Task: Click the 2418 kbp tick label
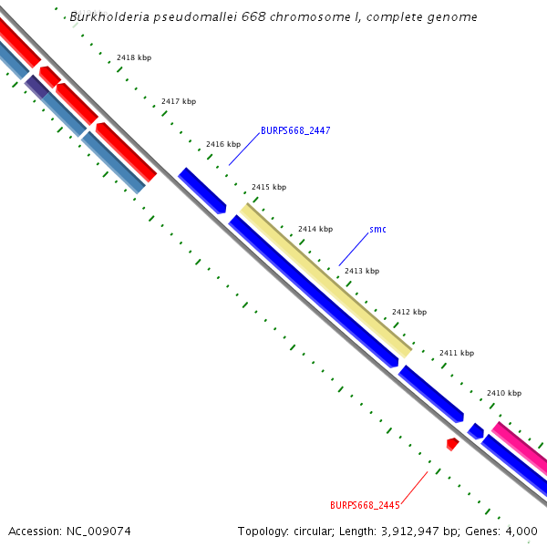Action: pyautogui.click(x=134, y=57)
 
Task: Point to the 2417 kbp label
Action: pyautogui.click(x=179, y=101)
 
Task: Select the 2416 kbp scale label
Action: pyautogui.click(x=223, y=144)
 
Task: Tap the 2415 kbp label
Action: pyautogui.click(x=269, y=187)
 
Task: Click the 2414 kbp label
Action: pyautogui.click(x=315, y=229)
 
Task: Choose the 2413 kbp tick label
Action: pyautogui.click(x=362, y=271)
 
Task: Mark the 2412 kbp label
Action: pyautogui.click(x=409, y=312)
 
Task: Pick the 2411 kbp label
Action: pyautogui.click(x=457, y=353)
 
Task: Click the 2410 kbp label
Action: pyautogui.click(x=504, y=393)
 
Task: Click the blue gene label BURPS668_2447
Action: pyautogui.click(x=295, y=130)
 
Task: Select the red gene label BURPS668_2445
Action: pyautogui.click(x=365, y=505)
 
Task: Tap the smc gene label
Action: pyautogui.click(x=377, y=229)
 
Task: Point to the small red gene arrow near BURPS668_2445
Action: pyautogui.click(x=452, y=443)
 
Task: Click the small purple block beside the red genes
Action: pyautogui.click(x=36, y=87)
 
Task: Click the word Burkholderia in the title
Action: pyautogui.click(x=111, y=17)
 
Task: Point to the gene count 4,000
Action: pyautogui.click(x=521, y=531)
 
